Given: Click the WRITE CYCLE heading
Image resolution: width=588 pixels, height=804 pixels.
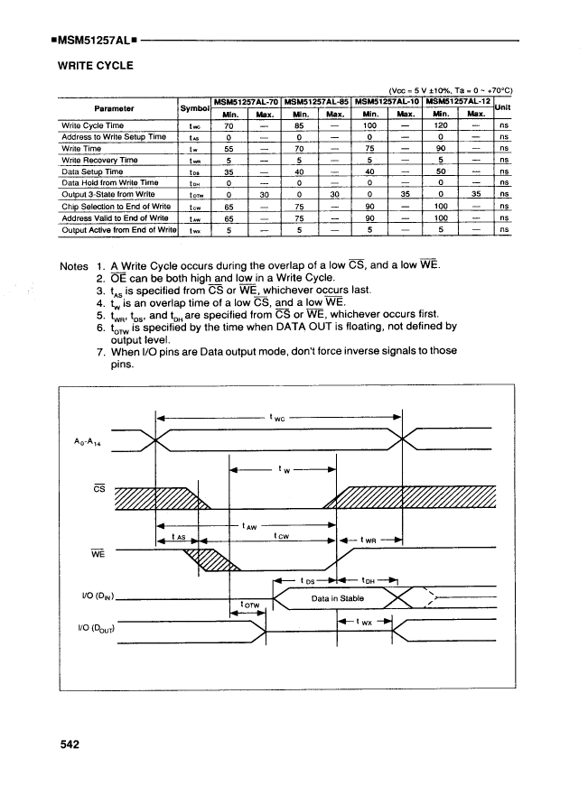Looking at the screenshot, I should tap(95, 66).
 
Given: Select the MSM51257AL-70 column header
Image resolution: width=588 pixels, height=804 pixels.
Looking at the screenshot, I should tap(245, 100).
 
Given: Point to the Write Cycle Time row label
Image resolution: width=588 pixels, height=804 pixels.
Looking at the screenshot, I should tap(92, 125).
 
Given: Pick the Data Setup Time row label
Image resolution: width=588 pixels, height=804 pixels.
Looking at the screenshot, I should tap(91, 171).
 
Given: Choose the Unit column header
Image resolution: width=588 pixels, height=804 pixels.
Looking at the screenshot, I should tap(505, 106).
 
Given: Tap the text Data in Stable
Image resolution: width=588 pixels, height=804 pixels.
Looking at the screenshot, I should tap(337, 597).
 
